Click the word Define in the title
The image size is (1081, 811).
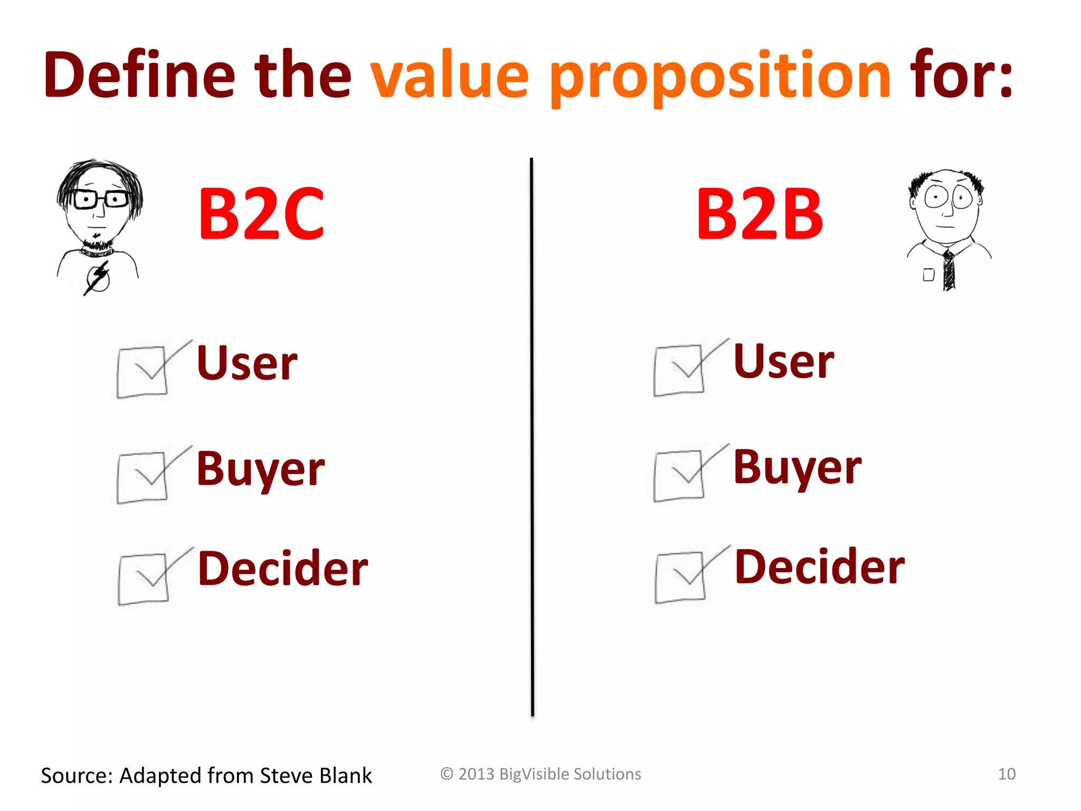(x=139, y=75)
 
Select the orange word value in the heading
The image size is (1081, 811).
(x=449, y=75)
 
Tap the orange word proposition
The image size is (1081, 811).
(x=720, y=77)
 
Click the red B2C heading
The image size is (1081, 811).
(x=261, y=214)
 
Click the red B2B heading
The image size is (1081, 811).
(x=760, y=214)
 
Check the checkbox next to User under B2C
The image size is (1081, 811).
(x=143, y=371)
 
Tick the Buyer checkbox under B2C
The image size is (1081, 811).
(x=143, y=477)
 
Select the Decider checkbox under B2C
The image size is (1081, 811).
(x=144, y=578)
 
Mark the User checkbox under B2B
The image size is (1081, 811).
(x=679, y=370)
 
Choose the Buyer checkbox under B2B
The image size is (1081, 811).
(x=679, y=475)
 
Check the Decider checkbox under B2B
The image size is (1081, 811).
(x=680, y=577)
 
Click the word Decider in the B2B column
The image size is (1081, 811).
(x=820, y=567)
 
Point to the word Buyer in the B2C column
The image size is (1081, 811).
(x=261, y=469)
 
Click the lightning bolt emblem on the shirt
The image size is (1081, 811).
(x=98, y=278)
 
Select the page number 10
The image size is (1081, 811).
(x=1007, y=774)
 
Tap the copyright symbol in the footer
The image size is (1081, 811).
(x=447, y=774)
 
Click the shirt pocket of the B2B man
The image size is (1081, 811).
(x=928, y=275)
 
